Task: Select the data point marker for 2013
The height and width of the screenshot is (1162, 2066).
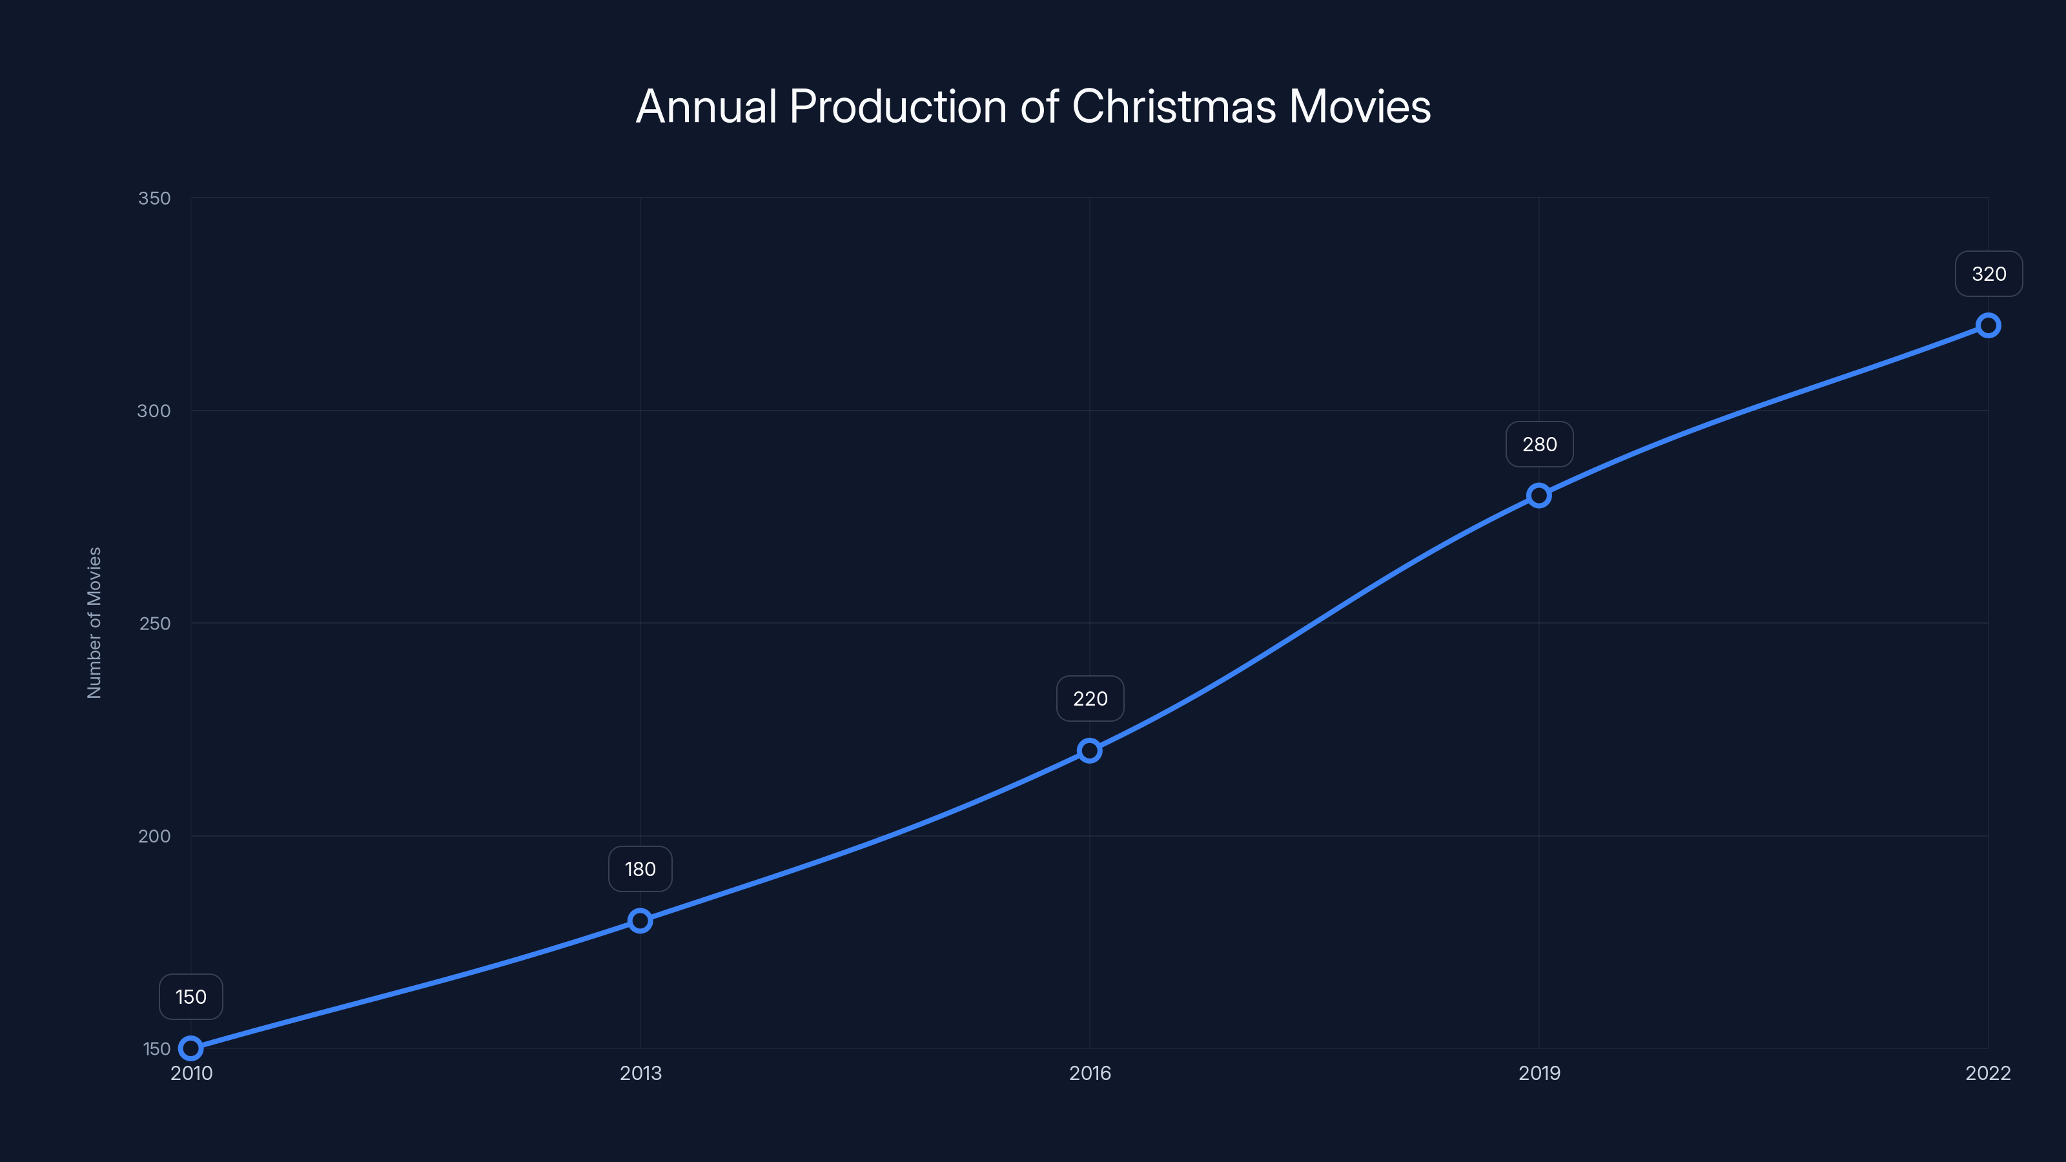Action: pos(640,920)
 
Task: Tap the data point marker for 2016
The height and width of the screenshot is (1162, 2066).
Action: pos(1089,751)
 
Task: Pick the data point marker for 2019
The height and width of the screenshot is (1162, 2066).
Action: pos(1539,496)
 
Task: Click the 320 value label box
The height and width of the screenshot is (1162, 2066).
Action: pos(1989,274)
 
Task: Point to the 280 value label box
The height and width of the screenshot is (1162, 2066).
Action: pos(1539,444)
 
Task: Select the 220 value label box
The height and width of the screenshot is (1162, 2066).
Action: pos(1090,698)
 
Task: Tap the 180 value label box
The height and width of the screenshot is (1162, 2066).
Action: pos(640,870)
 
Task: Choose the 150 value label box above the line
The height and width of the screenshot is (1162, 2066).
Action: pos(191,997)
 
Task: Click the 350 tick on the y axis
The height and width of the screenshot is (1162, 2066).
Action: pos(154,198)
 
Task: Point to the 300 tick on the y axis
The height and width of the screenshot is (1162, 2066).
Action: pos(154,411)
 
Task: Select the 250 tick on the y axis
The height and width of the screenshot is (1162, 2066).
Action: pos(155,623)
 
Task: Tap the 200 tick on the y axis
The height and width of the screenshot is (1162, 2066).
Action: pos(154,835)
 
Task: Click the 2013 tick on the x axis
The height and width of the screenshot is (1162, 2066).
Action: pos(640,1073)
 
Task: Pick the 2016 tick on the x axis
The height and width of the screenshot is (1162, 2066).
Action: pos(1089,1073)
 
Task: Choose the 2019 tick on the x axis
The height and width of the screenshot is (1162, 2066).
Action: pos(1539,1073)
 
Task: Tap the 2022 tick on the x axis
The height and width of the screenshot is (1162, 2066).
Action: pos(1987,1073)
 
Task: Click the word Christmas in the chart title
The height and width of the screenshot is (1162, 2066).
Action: pos(1173,107)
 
